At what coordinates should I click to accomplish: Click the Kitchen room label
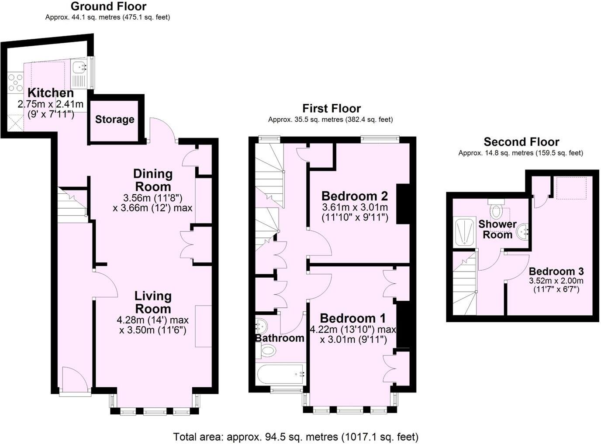51,93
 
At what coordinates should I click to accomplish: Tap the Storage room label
114,119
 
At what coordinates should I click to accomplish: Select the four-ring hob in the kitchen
16,83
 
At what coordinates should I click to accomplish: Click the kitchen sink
79,68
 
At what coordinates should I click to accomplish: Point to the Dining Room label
153,180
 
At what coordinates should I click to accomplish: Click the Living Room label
153,302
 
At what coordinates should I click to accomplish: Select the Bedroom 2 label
355,196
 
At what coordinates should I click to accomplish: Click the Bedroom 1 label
353,318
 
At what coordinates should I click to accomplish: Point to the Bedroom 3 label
556,271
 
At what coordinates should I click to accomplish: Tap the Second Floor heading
521,142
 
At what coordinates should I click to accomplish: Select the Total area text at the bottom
296,437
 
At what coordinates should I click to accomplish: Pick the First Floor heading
332,108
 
